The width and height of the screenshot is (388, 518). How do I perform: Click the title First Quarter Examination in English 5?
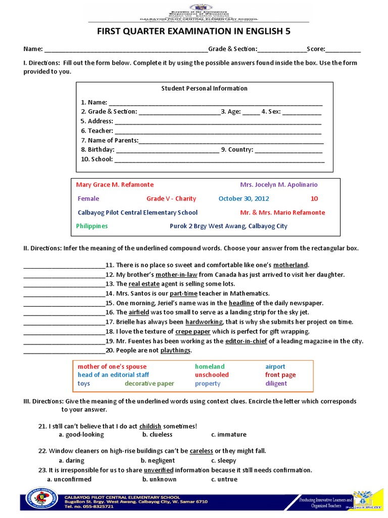pos(193,31)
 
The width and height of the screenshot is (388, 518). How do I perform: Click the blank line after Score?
pos(344,50)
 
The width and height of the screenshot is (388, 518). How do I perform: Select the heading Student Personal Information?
pos(204,89)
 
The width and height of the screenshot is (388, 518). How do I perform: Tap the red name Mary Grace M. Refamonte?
pos(115,185)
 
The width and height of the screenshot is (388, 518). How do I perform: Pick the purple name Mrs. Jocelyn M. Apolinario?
pos(279,185)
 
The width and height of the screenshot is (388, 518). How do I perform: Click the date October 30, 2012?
pos(244,199)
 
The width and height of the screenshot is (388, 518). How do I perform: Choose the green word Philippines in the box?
pos(92,226)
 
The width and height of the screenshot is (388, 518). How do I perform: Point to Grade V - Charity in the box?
pos(171,199)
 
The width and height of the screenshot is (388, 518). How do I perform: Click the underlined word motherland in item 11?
pos(290,265)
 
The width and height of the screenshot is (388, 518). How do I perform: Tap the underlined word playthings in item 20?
pos(175,351)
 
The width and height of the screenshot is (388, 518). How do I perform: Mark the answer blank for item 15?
pos(64,304)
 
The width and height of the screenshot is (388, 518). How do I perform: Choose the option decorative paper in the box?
pos(150,383)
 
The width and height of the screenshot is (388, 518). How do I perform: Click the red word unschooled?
pos(212,375)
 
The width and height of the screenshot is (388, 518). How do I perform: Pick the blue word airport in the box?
pos(275,366)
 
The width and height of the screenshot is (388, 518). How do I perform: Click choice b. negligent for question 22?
pos(158,461)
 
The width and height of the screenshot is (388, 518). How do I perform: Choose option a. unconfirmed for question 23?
pos(69,479)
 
